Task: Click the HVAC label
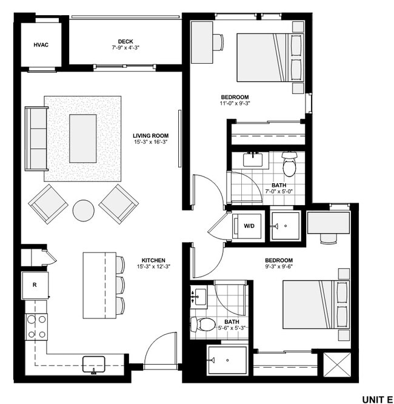tap(41, 44)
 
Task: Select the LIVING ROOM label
tap(151, 136)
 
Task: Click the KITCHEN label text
tap(150, 260)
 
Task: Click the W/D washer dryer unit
tap(249, 226)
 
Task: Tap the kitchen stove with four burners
tap(36, 326)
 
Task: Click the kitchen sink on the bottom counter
tap(94, 363)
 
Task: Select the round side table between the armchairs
tap(84, 210)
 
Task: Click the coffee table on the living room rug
tap(83, 138)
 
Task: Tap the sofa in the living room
tap(36, 139)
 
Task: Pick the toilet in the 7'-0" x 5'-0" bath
tap(289, 164)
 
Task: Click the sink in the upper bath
tap(252, 160)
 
